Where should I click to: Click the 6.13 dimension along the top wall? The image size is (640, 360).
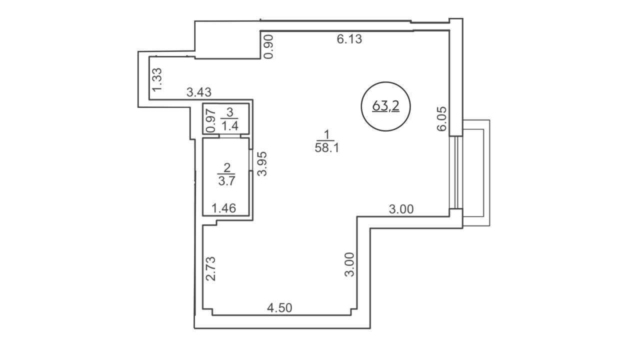point(349,39)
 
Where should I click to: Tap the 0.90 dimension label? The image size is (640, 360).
point(269,46)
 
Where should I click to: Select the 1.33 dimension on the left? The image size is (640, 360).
point(157,80)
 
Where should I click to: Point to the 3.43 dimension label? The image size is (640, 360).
point(199,92)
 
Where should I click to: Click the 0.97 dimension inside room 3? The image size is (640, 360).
point(210,120)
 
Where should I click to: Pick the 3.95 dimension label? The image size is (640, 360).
point(262,163)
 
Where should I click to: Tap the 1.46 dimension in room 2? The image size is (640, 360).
point(223,208)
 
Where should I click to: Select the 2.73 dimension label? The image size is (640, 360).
point(211,269)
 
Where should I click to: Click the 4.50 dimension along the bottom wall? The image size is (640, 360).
point(279,308)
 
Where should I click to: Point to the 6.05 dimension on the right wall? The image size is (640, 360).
point(441,119)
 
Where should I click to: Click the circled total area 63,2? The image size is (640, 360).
point(385,106)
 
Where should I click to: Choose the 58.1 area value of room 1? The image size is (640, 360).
point(327,148)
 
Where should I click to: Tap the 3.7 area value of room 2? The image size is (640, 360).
point(226,181)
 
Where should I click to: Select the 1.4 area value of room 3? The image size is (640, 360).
point(230,125)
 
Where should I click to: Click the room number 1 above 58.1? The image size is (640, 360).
point(327,134)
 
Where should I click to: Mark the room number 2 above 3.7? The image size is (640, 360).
point(227,167)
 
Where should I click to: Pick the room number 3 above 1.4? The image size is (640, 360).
point(229,112)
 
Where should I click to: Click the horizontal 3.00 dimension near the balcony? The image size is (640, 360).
point(401,209)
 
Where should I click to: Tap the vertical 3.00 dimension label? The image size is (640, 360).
point(349,264)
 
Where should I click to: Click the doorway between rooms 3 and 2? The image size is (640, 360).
point(230,136)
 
